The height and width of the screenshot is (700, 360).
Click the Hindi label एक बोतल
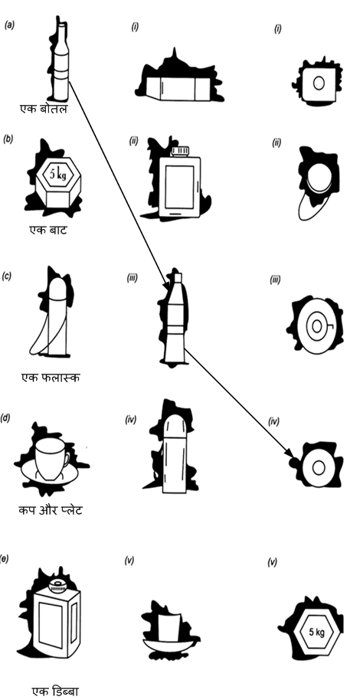pos(44,109)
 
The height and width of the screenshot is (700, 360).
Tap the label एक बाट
pos(47,231)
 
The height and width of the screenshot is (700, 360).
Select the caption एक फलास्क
pos(51,378)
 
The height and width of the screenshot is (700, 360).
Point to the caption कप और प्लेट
pos(50,510)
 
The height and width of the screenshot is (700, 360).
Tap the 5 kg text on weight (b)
pos(57,175)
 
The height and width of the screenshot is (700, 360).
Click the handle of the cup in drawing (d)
pos(67,459)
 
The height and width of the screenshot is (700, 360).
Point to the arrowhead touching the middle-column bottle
pos(166,285)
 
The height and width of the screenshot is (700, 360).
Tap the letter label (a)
pos(9,25)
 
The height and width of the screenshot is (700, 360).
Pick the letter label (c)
pos(6,276)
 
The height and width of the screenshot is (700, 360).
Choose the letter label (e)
pos(5,558)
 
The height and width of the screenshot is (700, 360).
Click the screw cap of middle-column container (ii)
pos(181,151)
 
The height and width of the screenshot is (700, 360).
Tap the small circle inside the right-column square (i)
pos(319,83)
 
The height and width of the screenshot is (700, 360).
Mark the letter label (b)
pos(8,139)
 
